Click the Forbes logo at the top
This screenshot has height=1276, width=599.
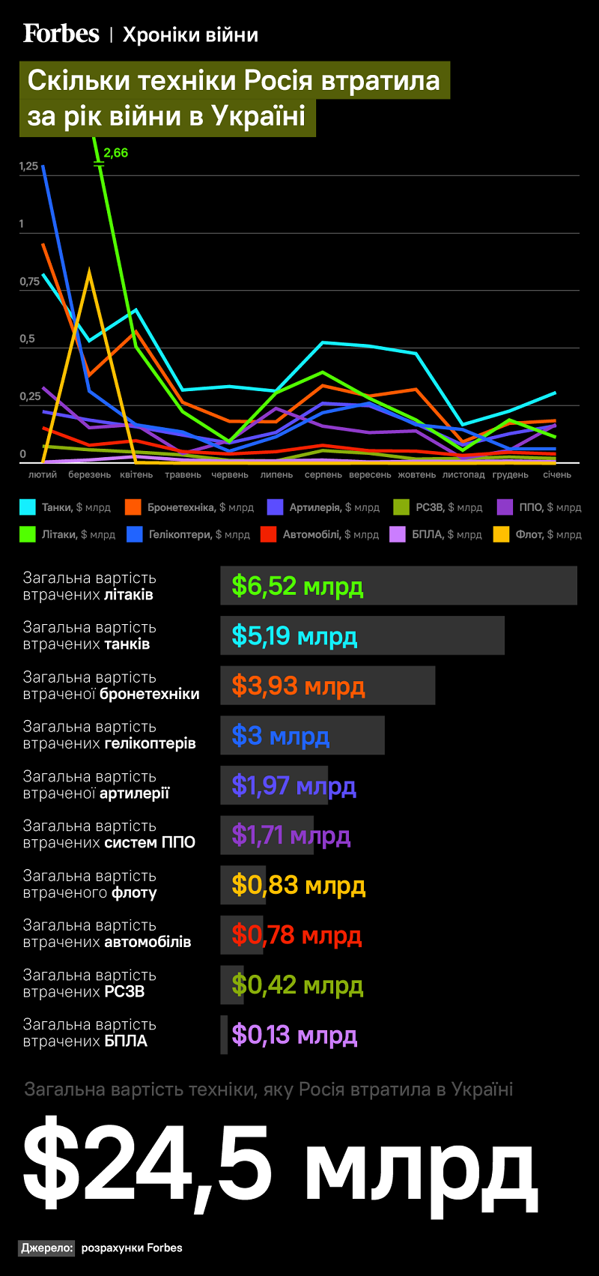click(x=61, y=34)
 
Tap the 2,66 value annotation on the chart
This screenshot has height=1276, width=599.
click(x=115, y=153)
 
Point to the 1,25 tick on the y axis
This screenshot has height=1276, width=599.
click(x=28, y=166)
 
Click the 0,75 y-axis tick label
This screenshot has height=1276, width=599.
click(x=29, y=282)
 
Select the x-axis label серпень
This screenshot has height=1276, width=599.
click(x=323, y=474)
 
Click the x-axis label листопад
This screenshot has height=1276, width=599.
click(x=463, y=474)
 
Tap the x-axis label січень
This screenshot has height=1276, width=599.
click(x=557, y=474)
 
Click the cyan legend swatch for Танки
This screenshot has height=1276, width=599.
click(x=28, y=507)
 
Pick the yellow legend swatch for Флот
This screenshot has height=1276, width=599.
click(x=502, y=534)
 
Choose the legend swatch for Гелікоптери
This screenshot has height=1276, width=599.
click(x=135, y=534)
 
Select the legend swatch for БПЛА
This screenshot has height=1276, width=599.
click(x=398, y=534)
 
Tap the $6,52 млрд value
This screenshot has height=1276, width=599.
click(x=297, y=586)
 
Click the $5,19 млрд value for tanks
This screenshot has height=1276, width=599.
click(x=294, y=636)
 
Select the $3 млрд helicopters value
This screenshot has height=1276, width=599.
click(x=280, y=736)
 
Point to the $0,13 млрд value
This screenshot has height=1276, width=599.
click(x=294, y=1035)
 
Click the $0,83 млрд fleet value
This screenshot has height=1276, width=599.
click(x=298, y=886)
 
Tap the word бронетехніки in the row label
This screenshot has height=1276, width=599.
click(x=150, y=694)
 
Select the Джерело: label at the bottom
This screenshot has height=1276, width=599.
click(x=47, y=1248)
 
